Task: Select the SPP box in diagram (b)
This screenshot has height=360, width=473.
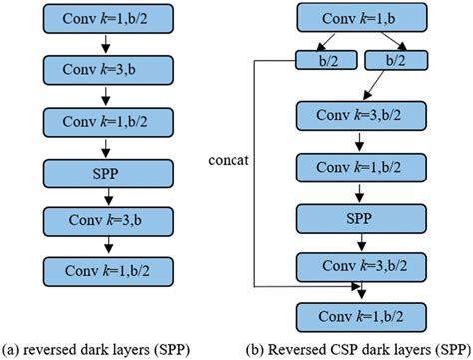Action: pyautogui.click(x=356, y=216)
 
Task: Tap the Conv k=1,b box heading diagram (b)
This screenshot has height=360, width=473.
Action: pyautogui.click(x=356, y=20)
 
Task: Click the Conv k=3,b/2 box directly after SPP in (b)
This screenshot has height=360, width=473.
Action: pyautogui.click(x=356, y=265)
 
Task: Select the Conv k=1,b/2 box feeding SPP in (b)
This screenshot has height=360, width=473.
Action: pyautogui.click(x=356, y=167)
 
